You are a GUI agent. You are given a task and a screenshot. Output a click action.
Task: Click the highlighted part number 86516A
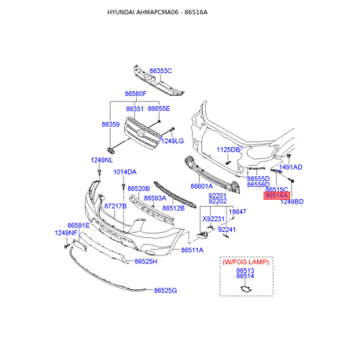[277, 196]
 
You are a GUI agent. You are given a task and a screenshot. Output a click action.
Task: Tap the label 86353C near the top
[160, 71]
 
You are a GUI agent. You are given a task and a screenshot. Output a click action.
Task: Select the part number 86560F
[135, 94]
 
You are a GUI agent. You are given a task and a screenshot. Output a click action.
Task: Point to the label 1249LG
[172, 141]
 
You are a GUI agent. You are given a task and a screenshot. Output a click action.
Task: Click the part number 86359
[110, 124]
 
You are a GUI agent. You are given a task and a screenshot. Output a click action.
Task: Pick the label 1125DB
[228, 149]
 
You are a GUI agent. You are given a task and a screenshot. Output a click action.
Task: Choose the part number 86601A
[201, 186]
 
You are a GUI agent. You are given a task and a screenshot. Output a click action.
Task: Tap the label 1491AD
[291, 167]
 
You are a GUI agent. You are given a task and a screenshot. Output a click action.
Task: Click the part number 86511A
[192, 250]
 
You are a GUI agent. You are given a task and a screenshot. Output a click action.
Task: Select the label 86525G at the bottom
[166, 291]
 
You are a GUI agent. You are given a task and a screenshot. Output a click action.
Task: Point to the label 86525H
[146, 261]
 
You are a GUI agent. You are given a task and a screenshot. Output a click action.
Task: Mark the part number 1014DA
[124, 171]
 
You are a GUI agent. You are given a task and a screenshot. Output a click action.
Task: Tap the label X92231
[213, 219]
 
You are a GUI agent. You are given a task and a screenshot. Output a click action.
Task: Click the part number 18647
[237, 211]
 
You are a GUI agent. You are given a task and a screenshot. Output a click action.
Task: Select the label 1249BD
[292, 202]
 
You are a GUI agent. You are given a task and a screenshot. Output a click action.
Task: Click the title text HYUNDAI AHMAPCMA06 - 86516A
[179, 13]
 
